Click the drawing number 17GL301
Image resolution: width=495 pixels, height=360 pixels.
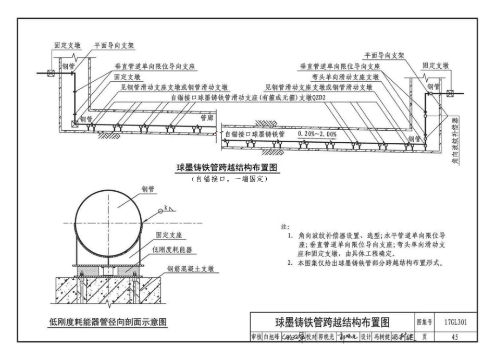[x=455, y=322]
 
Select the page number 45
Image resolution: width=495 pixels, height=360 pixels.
[x=455, y=337]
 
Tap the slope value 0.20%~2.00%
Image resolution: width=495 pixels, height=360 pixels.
[x=317, y=134]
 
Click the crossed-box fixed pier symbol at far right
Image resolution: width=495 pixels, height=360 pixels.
[x=449, y=94]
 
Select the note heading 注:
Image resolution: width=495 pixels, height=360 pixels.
[x=284, y=228]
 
